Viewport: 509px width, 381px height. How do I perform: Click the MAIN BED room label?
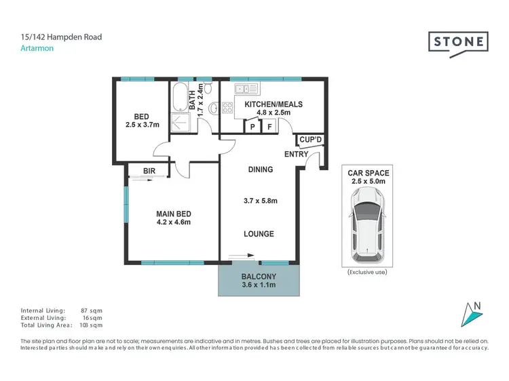(174, 214)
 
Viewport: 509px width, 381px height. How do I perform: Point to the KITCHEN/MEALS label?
(274, 105)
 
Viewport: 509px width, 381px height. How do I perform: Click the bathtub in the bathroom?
(179, 98)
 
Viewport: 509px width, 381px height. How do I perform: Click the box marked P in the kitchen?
(252, 127)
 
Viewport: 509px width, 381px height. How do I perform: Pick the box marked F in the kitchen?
(269, 127)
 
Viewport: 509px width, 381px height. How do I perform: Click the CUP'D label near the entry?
(310, 140)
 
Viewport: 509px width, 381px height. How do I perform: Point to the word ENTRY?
(297, 155)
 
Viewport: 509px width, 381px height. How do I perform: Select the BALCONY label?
(259, 277)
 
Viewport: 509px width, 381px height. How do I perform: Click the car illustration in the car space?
(366, 224)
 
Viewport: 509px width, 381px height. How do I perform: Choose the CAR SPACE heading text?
(366, 173)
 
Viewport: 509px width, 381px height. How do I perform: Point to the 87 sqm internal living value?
(89, 309)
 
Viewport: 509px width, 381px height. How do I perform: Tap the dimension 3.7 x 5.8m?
(259, 201)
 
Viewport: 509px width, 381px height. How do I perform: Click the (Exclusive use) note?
(366, 271)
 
